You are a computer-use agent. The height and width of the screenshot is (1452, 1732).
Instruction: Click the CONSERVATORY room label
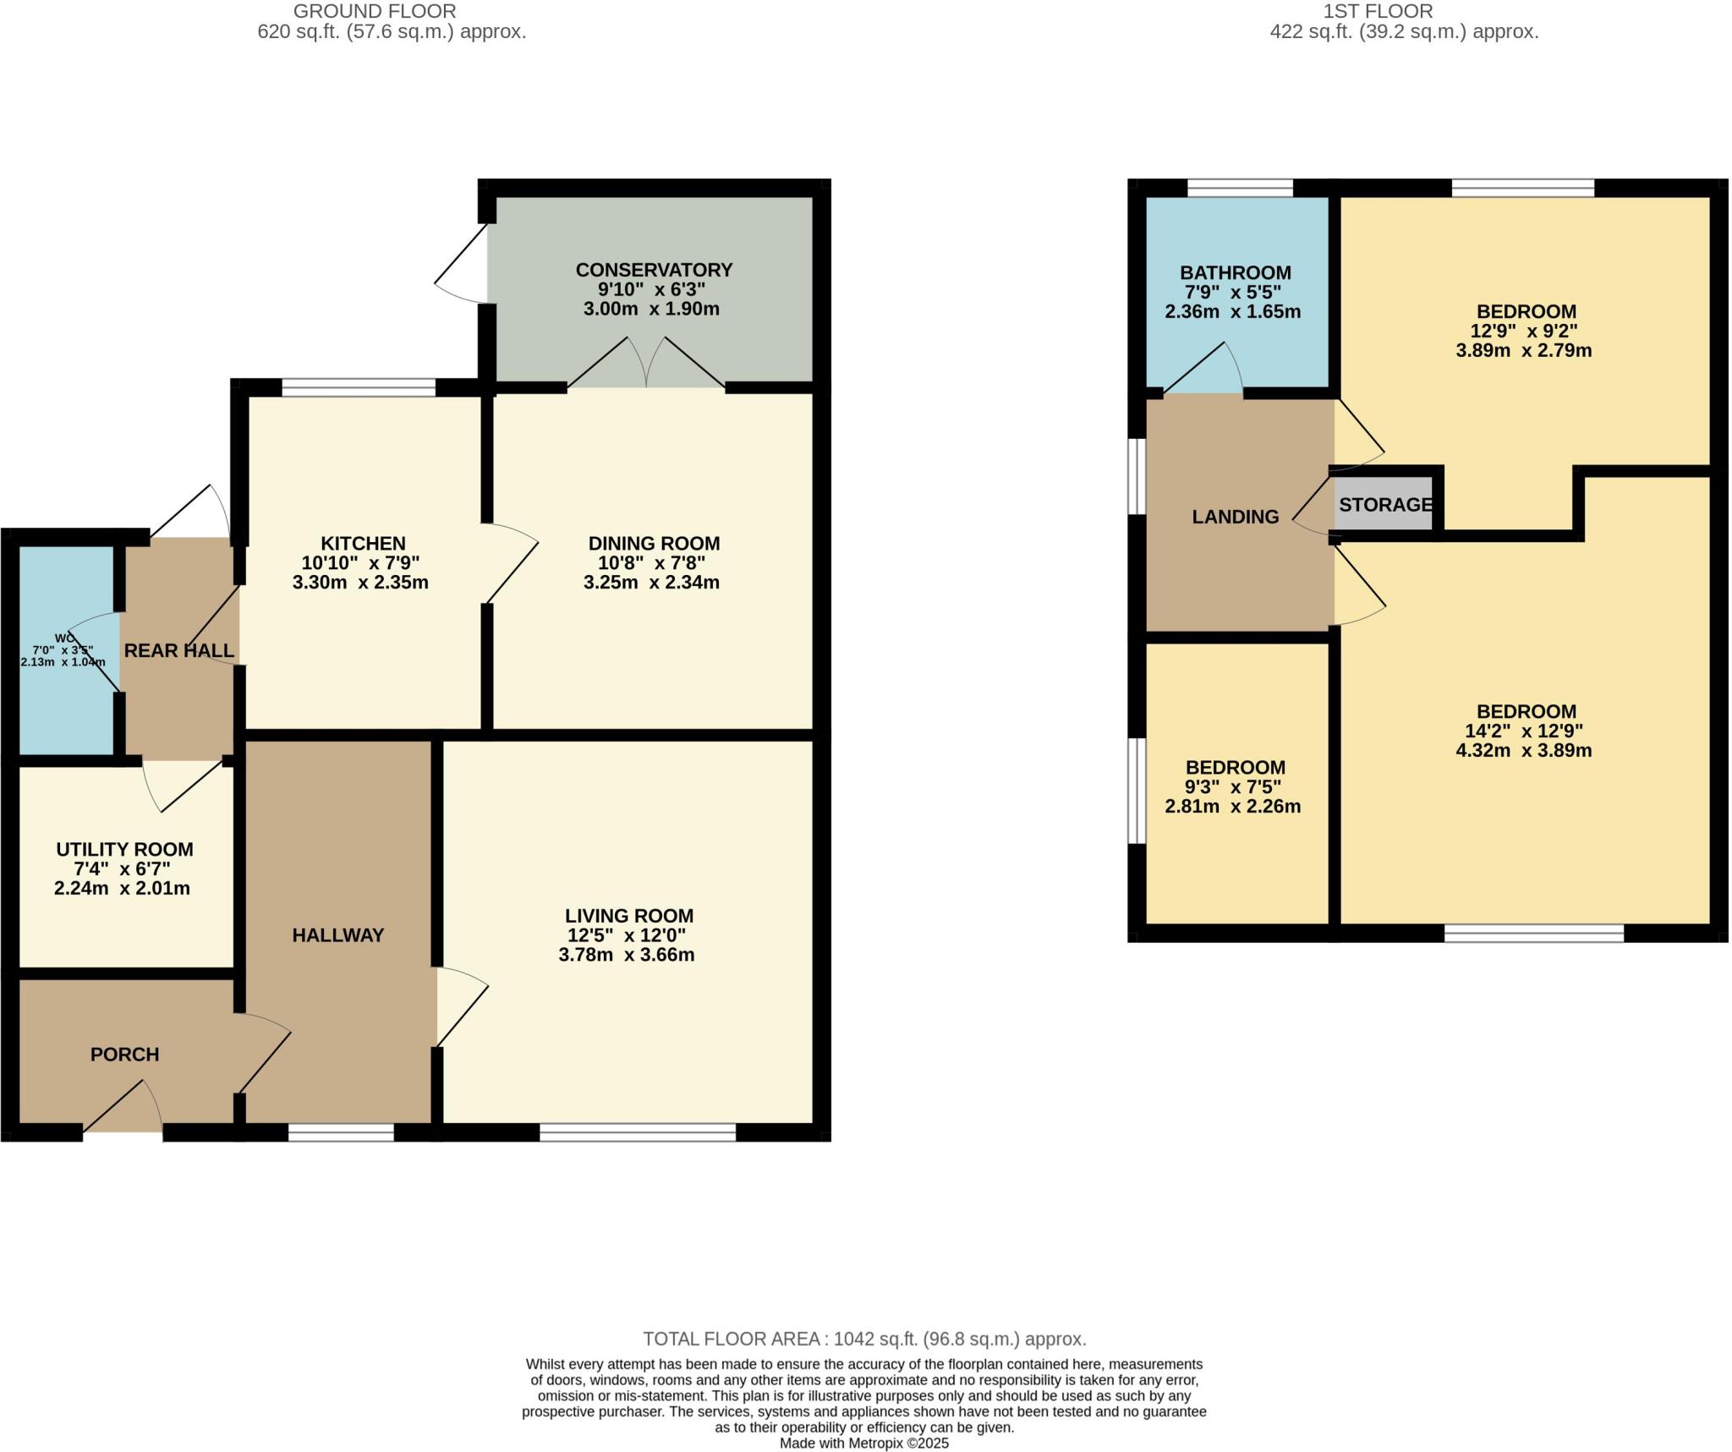point(654,270)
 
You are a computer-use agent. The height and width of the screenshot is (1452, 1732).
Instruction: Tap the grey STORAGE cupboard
point(1384,505)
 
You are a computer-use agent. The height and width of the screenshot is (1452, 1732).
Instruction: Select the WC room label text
point(64,638)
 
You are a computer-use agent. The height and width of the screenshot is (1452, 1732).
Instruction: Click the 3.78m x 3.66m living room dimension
point(627,955)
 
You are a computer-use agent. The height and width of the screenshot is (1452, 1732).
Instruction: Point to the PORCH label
point(124,1055)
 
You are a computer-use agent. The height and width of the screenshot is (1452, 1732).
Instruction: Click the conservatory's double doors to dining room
point(646,364)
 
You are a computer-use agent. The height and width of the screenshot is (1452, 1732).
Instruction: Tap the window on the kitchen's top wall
point(359,388)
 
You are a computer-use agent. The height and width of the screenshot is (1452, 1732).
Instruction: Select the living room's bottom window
point(638,1132)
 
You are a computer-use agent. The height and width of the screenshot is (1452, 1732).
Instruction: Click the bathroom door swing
point(1204,370)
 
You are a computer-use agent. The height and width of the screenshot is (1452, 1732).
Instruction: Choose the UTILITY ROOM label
point(124,849)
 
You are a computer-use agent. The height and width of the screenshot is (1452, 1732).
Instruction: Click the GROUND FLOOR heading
point(375,11)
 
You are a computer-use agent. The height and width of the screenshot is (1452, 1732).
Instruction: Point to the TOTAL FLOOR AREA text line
point(864,1339)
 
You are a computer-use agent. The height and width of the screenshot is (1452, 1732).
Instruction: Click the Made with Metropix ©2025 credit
point(864,1444)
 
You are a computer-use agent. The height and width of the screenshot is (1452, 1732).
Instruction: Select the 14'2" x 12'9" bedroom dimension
point(1524,731)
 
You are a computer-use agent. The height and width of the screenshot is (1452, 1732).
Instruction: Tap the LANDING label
point(1235,517)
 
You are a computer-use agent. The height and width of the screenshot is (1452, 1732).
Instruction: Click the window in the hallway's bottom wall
point(341,1132)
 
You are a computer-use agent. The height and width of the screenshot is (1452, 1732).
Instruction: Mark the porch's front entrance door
point(123,1108)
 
